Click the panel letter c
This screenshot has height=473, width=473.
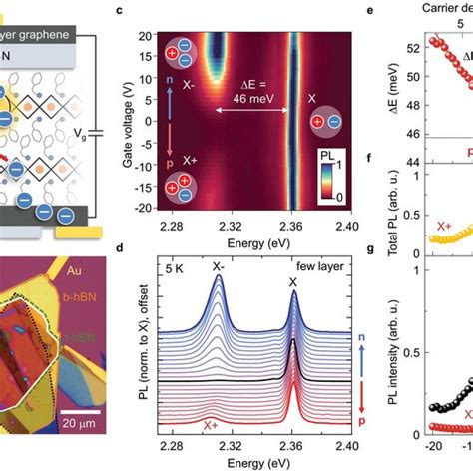149,11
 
